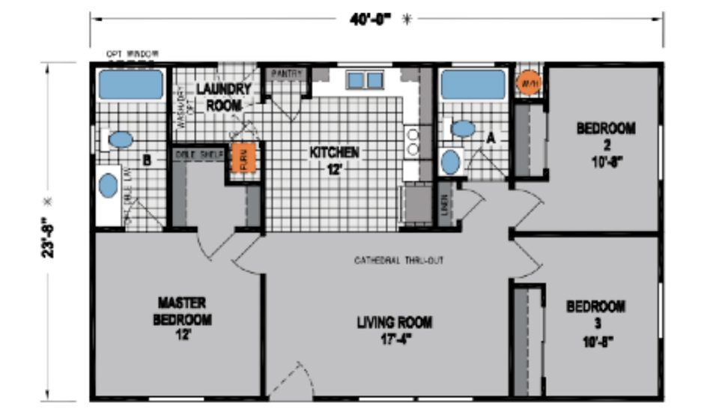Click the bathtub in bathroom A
click(x=473, y=84)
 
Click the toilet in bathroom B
click(x=121, y=139)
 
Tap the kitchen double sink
click(x=365, y=79)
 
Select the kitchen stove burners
click(x=412, y=142)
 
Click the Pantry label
click(x=286, y=73)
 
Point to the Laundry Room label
click(x=223, y=97)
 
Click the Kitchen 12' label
click(x=335, y=160)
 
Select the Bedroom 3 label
click(x=595, y=320)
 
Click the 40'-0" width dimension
click(x=371, y=19)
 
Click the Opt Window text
click(x=132, y=54)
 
